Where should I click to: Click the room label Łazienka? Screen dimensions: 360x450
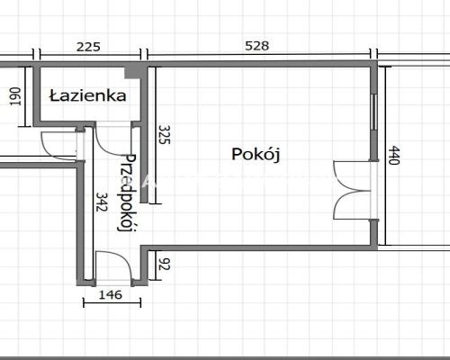pyautogui.click(x=87, y=95)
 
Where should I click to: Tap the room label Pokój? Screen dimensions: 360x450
pyautogui.click(x=256, y=154)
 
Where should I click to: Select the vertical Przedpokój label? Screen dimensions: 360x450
pyautogui.click(x=128, y=193)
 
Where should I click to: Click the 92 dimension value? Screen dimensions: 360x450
pyautogui.click(x=164, y=265)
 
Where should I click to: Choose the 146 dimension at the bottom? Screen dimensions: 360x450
pyautogui.click(x=108, y=294)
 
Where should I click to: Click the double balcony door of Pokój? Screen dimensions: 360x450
pyautogui.click(x=353, y=189)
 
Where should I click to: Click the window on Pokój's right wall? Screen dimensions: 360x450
pyautogui.click(x=374, y=121)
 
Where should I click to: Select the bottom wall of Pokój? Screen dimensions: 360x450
pyautogui.click(x=261, y=246)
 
